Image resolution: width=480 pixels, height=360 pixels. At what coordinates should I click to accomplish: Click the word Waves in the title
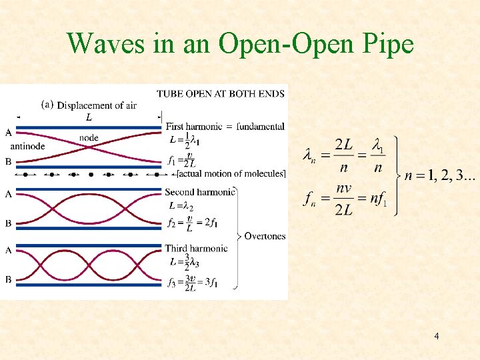tap(101, 44)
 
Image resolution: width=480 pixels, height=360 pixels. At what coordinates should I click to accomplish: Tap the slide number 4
tap(436, 337)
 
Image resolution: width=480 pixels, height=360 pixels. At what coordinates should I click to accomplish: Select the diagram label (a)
tap(48, 104)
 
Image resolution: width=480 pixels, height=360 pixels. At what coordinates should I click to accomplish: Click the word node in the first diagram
tap(89, 138)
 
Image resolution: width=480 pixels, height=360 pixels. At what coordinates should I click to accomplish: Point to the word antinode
tap(27, 146)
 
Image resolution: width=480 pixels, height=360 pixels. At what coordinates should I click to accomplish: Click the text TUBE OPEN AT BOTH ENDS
tap(220, 93)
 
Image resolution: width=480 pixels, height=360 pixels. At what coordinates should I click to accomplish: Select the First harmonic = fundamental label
tap(225, 126)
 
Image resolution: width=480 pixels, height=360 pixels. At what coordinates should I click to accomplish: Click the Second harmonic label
tap(199, 192)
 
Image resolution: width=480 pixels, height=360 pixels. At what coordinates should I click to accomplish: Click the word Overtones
tap(265, 236)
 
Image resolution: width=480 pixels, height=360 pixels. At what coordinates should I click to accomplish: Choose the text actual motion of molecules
tap(231, 174)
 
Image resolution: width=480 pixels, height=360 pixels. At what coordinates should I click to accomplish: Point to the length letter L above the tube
tap(89, 117)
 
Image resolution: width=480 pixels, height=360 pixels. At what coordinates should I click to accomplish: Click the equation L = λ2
tap(181, 206)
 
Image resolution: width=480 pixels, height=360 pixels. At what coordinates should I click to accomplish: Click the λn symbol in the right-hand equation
tap(309, 156)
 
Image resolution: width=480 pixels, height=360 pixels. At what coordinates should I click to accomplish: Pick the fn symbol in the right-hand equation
tap(309, 198)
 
